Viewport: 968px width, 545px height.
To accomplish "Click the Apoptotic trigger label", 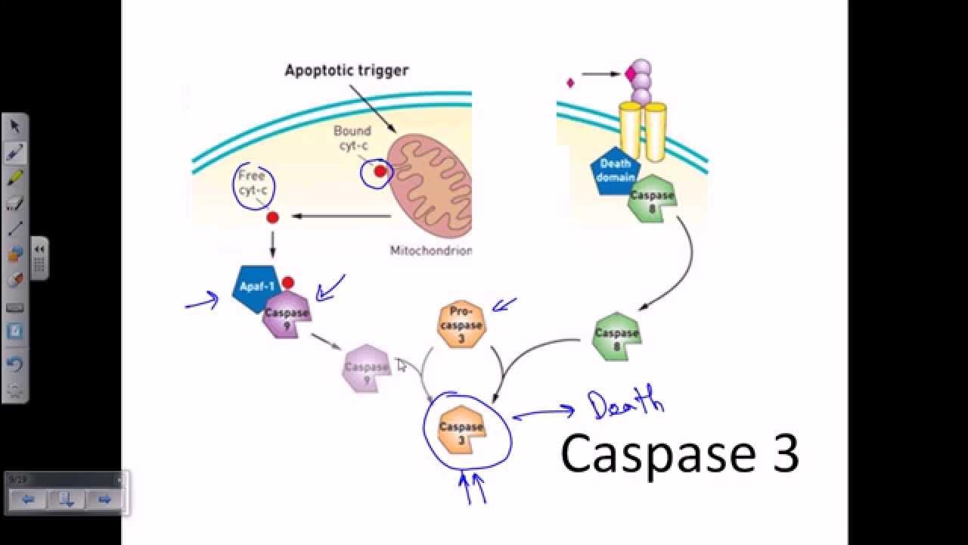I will (346, 70).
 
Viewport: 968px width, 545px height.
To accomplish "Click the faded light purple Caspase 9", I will (366, 369).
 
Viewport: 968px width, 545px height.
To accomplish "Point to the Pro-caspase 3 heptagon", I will (461, 325).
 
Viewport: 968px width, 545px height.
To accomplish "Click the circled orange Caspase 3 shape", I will (461, 431).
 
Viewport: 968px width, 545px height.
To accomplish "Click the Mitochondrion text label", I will (430, 251).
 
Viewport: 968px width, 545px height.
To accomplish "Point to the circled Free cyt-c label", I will (252, 184).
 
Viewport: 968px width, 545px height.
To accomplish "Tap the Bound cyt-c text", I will (352, 137).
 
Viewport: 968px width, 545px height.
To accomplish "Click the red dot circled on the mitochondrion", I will (380, 172).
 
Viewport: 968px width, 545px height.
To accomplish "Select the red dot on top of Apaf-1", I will (287, 283).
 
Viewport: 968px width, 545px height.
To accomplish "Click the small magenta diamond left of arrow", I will (570, 83).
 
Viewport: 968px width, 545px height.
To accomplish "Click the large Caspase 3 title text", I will (679, 454).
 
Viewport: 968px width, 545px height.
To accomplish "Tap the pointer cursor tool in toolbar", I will (14, 126).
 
